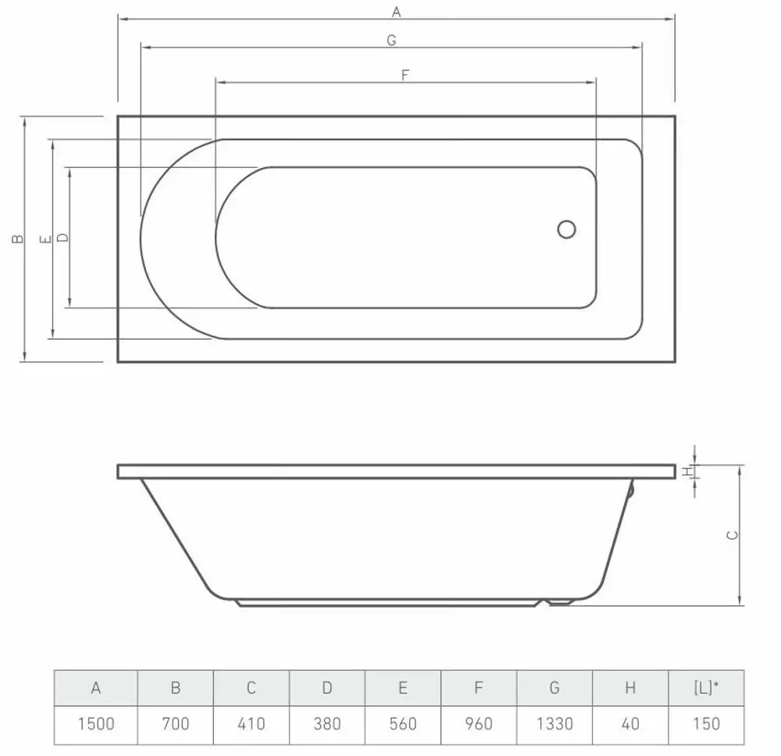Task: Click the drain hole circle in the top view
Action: (566, 230)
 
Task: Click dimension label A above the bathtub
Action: (396, 11)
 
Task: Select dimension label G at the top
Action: (391, 41)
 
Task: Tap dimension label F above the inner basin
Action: (405, 75)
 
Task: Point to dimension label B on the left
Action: (17, 240)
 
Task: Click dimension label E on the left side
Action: (46, 240)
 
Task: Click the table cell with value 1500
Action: (96, 724)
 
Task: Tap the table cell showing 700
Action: (176, 724)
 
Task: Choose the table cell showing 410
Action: (251, 724)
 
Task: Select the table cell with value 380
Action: (327, 724)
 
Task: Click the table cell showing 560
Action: (403, 724)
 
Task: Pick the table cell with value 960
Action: (479, 724)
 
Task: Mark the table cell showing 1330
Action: (555, 724)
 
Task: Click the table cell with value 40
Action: (630, 724)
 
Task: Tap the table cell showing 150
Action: (706, 724)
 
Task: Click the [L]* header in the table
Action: (706, 688)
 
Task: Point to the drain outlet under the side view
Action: (561, 602)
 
